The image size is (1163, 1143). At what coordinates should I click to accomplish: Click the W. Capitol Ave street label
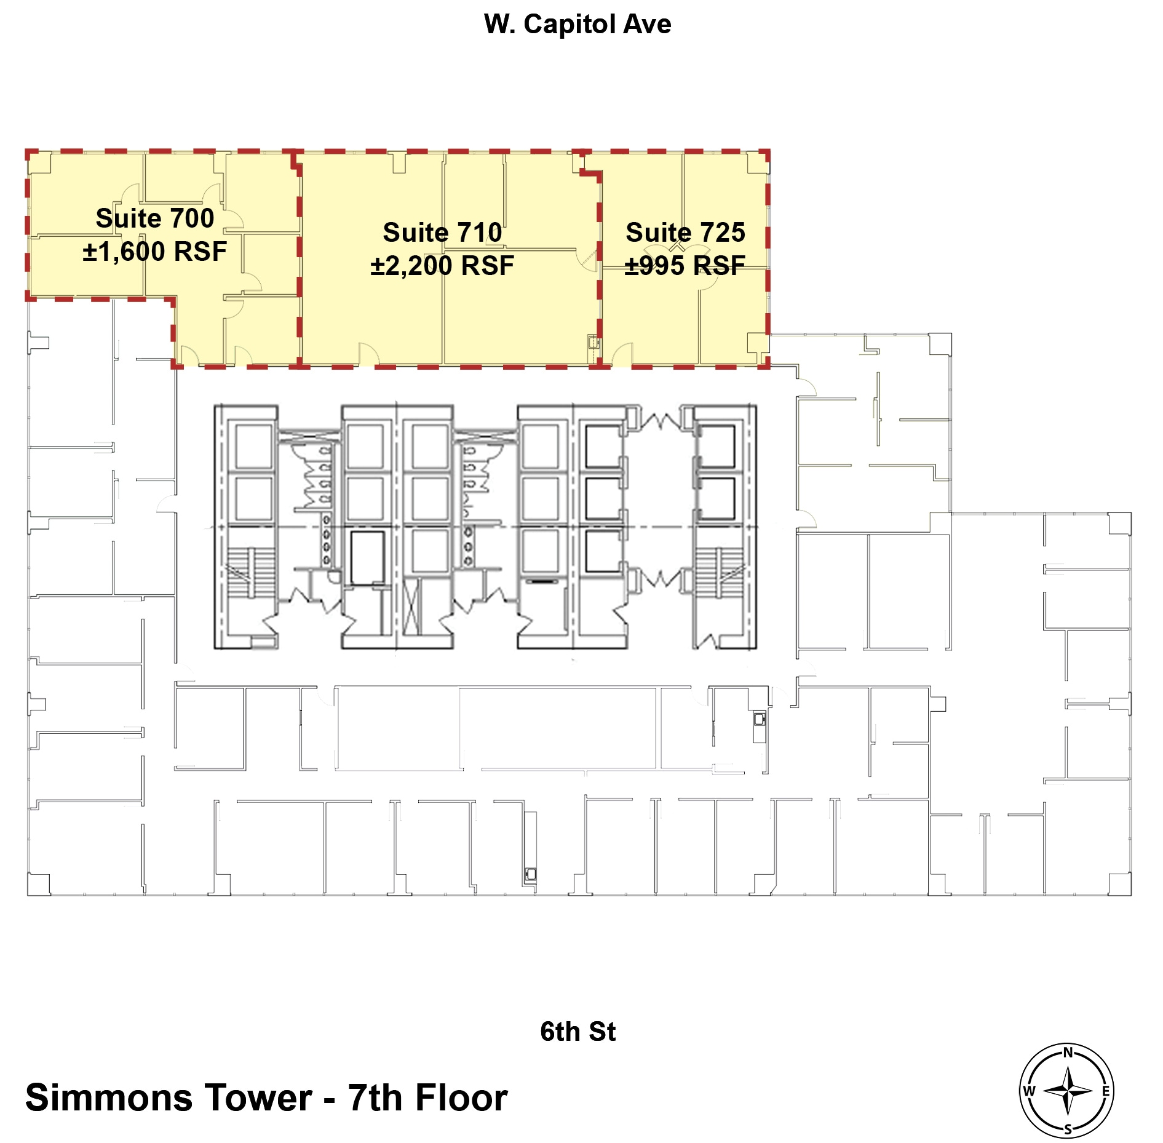click(577, 25)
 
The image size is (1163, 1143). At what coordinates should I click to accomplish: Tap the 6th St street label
click(577, 1032)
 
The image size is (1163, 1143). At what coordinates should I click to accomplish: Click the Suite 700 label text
click(155, 218)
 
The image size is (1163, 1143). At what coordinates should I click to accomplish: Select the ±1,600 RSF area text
click(155, 252)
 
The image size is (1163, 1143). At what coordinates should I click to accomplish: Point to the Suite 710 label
click(442, 233)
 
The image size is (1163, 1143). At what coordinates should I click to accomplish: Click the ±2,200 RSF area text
click(442, 266)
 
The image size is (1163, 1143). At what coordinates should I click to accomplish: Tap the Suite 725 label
click(685, 233)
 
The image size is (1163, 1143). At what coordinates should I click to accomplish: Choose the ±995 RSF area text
click(685, 266)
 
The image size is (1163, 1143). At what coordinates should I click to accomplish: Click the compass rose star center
click(1068, 1091)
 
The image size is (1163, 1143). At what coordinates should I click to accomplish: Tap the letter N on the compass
click(1068, 1053)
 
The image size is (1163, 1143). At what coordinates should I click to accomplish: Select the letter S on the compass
click(1068, 1129)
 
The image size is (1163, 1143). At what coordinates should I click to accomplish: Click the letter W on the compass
click(1029, 1091)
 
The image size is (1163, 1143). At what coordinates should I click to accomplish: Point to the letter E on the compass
click(1106, 1091)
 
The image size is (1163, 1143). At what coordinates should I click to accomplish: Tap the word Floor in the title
click(461, 1098)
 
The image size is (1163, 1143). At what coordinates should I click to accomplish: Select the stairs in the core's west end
click(251, 572)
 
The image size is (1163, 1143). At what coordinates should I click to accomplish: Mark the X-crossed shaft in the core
click(411, 606)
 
